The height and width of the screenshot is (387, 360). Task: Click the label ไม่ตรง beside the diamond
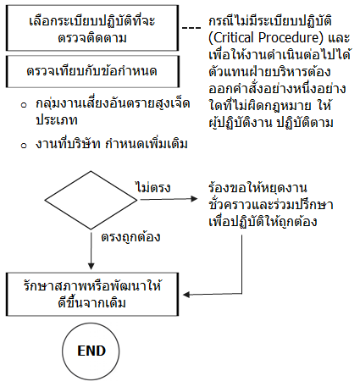153,187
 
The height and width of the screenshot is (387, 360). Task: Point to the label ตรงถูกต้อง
130,236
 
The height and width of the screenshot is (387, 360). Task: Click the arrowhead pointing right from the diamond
194,199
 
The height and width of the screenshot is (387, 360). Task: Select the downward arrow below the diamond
91,250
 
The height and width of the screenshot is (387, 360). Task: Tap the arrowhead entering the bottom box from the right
186,295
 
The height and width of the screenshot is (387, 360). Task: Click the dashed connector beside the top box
191,28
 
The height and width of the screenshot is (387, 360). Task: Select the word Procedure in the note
291,37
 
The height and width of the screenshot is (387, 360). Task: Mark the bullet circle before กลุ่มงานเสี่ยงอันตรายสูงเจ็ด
24,105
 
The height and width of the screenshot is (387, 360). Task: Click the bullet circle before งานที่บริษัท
24,146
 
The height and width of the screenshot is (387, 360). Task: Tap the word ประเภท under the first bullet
57,119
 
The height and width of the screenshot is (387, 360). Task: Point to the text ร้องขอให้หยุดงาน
258,187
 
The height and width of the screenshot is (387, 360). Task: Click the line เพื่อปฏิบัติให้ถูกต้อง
263,221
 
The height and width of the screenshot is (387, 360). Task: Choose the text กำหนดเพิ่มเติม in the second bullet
147,143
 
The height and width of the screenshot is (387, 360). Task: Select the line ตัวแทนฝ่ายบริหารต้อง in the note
269,71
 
